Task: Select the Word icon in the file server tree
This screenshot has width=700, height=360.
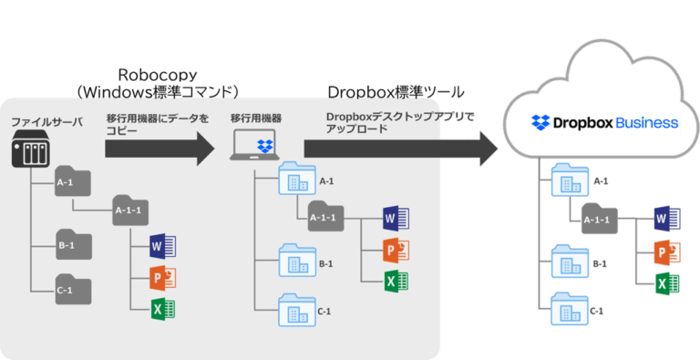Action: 162,245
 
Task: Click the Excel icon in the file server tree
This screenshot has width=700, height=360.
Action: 162,308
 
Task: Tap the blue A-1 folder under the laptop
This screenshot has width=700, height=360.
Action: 295,180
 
